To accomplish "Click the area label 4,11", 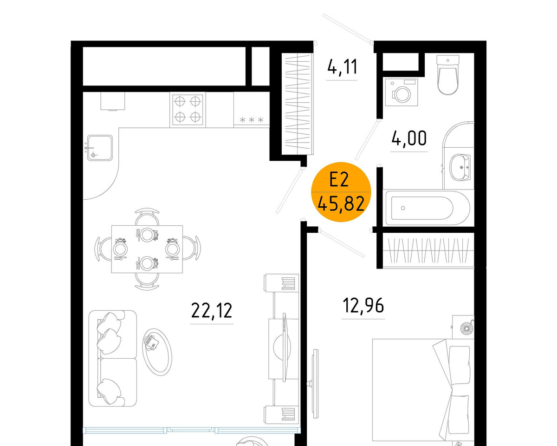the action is click(x=342, y=66).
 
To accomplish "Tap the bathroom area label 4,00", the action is click(x=409, y=138).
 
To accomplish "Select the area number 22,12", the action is click(x=212, y=311).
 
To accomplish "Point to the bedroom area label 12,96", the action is click(x=363, y=305).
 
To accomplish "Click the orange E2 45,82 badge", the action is click(x=341, y=192).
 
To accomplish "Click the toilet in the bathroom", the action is click(x=447, y=75).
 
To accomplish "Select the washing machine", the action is click(x=402, y=92).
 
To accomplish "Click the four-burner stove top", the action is click(x=188, y=109).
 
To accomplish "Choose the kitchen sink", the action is click(x=99, y=148).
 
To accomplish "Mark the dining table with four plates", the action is click(x=147, y=249).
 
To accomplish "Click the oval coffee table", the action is click(x=157, y=352).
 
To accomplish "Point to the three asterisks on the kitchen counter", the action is click(x=252, y=120).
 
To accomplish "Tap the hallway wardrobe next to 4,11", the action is click(x=298, y=104).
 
